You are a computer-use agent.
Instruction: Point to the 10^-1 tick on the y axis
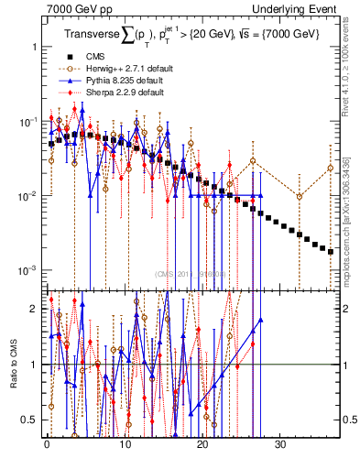click(27, 121)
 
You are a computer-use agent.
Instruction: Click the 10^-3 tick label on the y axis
click(27, 270)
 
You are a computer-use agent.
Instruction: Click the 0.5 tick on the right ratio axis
click(349, 420)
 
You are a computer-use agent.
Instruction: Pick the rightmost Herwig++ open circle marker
click(331, 168)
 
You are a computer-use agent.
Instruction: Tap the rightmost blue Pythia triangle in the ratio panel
click(261, 321)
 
